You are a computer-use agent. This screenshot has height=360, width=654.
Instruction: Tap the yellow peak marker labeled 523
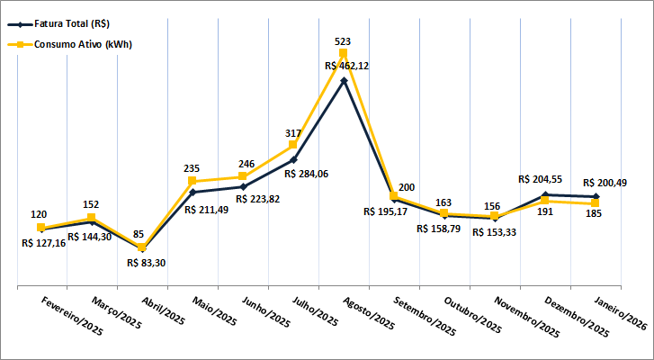pyautogui.click(x=343, y=53)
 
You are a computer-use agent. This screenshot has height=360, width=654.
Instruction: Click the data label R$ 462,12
pyautogui.click(x=347, y=66)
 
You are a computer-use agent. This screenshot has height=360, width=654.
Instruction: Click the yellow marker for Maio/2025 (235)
pyautogui.click(x=193, y=181)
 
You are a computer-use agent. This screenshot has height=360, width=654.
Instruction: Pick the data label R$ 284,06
pyautogui.click(x=306, y=173)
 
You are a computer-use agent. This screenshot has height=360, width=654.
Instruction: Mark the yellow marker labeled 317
pyautogui.click(x=293, y=145)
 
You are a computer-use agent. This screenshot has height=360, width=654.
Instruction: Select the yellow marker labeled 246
pyautogui.click(x=243, y=176)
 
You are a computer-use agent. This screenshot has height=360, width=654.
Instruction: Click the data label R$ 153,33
pyautogui.click(x=496, y=232)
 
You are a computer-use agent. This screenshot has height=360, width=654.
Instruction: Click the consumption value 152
pyautogui.click(x=93, y=203)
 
